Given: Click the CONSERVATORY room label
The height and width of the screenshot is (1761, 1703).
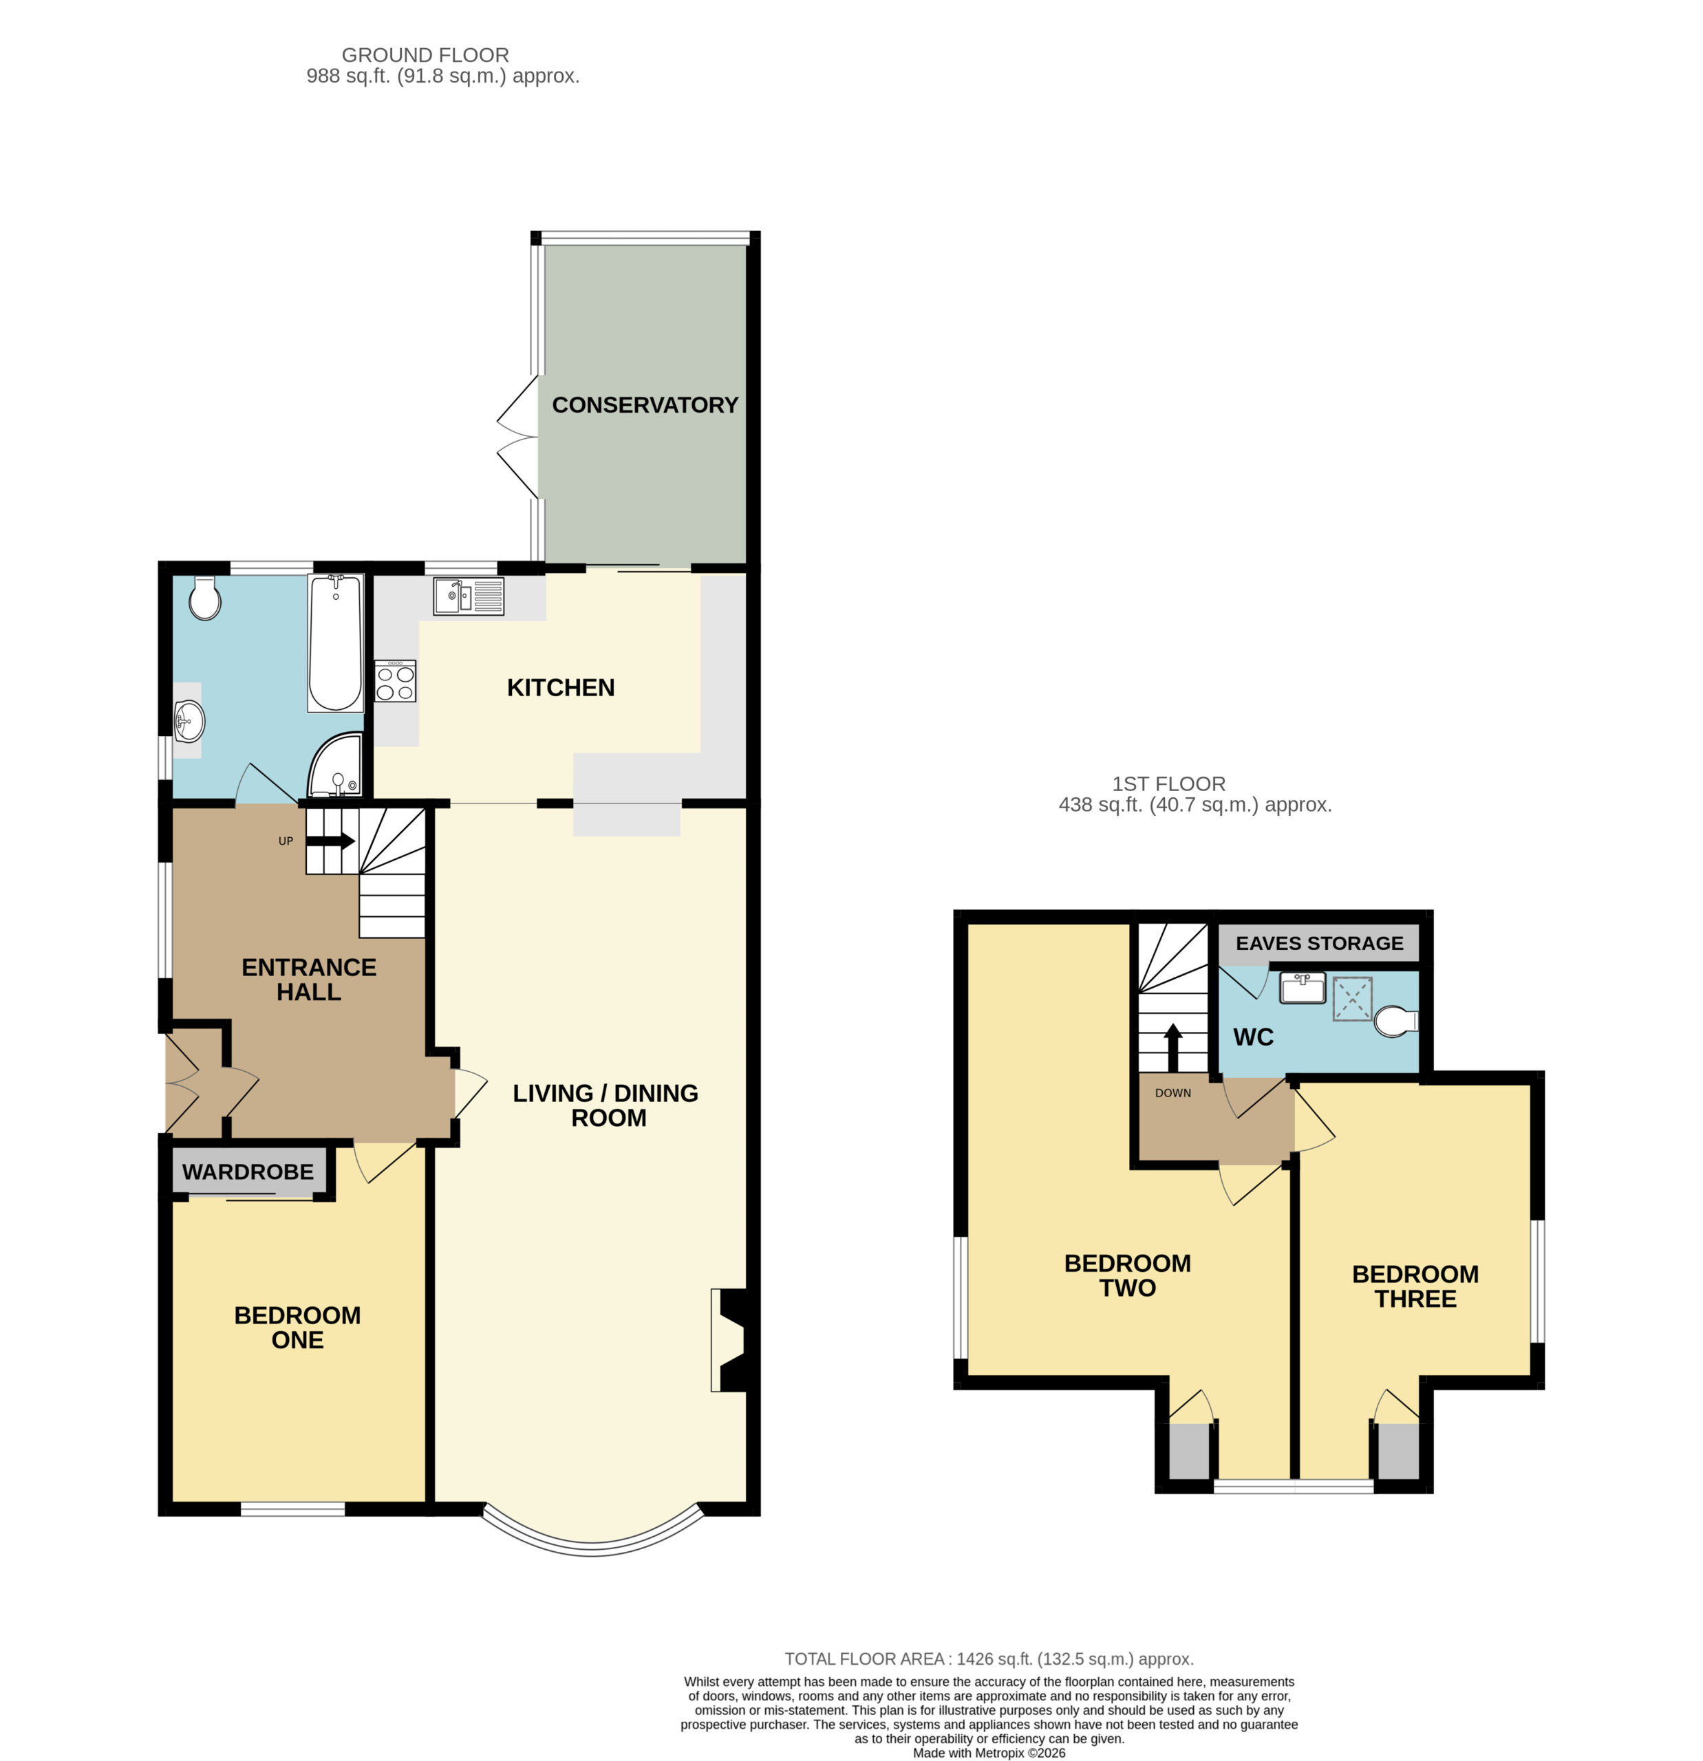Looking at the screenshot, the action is (x=644, y=405).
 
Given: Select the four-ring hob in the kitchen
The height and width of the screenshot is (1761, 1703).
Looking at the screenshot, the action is (x=396, y=681).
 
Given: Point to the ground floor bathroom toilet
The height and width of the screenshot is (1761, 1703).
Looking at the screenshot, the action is (x=205, y=598).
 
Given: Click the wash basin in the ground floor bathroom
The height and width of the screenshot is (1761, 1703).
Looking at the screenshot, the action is (x=189, y=722).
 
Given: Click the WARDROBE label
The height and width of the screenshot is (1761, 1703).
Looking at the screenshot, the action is (x=248, y=1171).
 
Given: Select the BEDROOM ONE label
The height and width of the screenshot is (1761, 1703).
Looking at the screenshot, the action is (x=297, y=1327).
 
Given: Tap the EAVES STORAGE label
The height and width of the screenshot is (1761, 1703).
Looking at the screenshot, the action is (x=1319, y=943).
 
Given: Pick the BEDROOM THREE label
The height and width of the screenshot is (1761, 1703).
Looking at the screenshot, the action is (x=1415, y=1286).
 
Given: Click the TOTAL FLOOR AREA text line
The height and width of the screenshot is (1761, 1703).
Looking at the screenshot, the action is (x=989, y=1659).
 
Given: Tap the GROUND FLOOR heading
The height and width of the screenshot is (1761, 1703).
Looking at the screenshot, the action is (x=425, y=55).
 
